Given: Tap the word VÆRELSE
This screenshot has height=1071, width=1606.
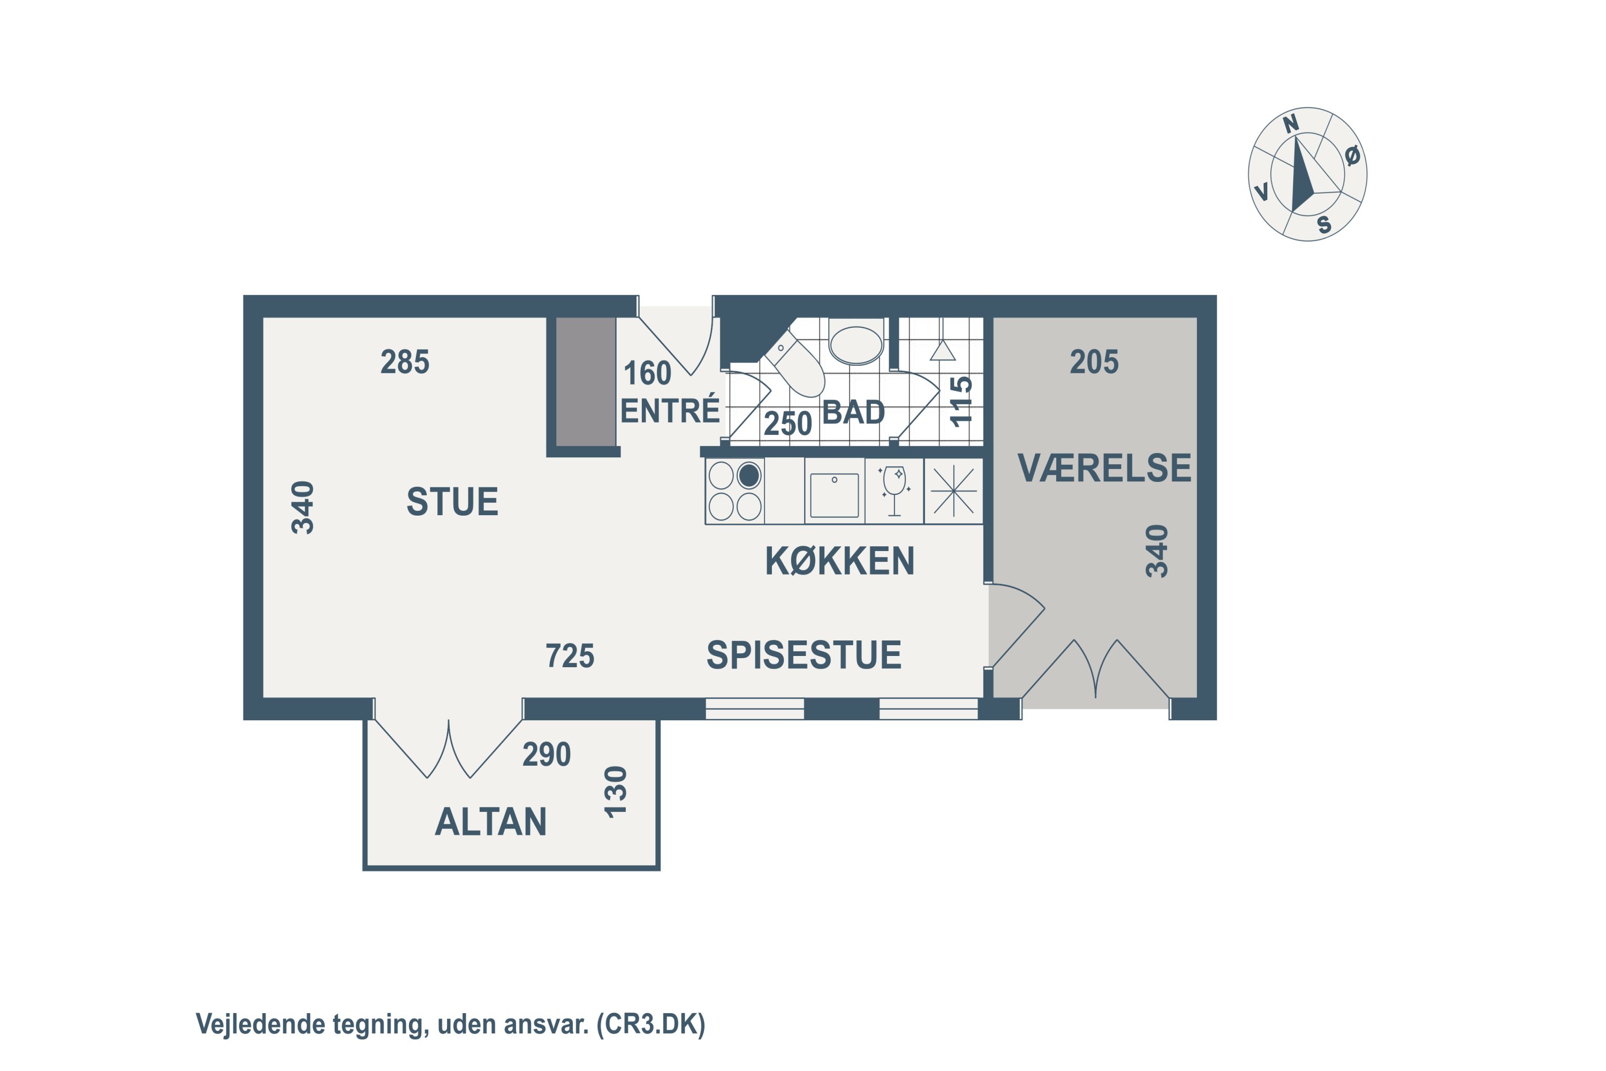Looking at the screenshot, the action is (x=1104, y=468).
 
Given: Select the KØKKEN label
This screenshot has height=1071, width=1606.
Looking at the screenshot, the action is (x=839, y=561).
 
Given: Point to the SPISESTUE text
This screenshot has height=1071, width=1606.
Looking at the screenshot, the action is (x=804, y=654).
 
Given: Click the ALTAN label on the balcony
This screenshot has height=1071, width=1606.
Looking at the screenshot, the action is (x=490, y=821).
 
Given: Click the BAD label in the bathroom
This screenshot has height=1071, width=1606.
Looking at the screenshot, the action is (x=853, y=412).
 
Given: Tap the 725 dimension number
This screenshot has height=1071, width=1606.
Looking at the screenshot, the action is (x=570, y=655).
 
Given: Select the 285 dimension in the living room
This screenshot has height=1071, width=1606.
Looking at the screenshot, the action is (x=405, y=362).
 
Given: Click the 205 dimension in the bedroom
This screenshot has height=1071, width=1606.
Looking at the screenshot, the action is (x=1094, y=362).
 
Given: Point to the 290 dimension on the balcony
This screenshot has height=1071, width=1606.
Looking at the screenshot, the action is (x=546, y=755).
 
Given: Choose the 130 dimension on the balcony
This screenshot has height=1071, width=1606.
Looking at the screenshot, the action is (x=615, y=793).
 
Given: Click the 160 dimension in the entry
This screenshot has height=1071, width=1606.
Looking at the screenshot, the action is (x=647, y=374).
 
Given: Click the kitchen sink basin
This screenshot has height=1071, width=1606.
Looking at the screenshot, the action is (x=835, y=495).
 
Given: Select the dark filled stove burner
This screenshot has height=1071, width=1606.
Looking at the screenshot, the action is (x=749, y=476).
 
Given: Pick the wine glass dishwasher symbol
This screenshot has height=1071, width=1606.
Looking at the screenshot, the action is (x=895, y=491).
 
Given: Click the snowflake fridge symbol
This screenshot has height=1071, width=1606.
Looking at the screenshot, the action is (x=954, y=491).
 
